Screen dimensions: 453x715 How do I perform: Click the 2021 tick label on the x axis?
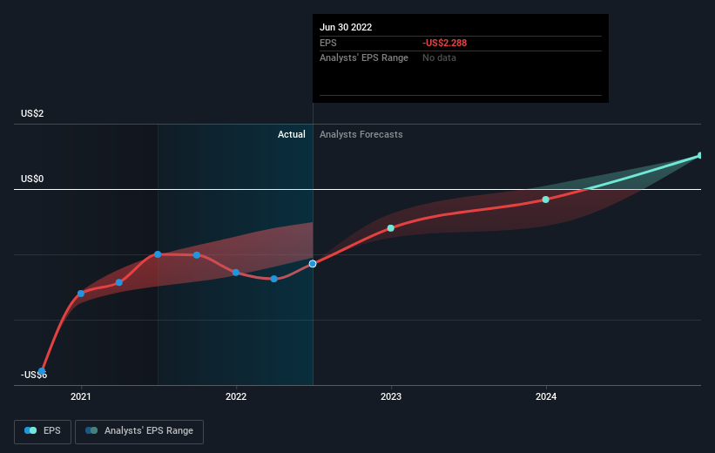click(x=81, y=396)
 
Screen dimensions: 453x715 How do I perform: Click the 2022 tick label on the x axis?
click(x=236, y=396)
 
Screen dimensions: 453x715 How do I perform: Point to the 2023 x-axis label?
click(x=391, y=396)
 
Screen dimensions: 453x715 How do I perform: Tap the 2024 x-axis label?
click(x=546, y=396)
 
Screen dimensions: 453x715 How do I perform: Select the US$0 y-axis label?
click(x=33, y=179)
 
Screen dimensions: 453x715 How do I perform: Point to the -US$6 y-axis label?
click(x=35, y=375)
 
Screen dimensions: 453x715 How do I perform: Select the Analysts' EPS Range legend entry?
click(x=139, y=430)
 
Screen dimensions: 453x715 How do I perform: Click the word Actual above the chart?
click(x=292, y=134)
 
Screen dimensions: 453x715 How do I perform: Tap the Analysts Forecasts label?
click(x=361, y=134)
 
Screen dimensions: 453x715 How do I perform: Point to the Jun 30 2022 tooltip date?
click(x=346, y=27)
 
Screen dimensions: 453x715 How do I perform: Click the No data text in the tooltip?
click(x=439, y=57)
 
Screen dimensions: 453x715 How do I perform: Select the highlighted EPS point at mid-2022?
click(x=313, y=263)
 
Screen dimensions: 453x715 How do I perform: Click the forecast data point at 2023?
click(x=391, y=228)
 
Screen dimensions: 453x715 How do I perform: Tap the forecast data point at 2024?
click(x=546, y=199)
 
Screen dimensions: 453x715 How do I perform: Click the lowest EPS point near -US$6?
click(x=42, y=371)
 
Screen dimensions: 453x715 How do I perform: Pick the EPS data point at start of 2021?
click(x=81, y=294)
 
